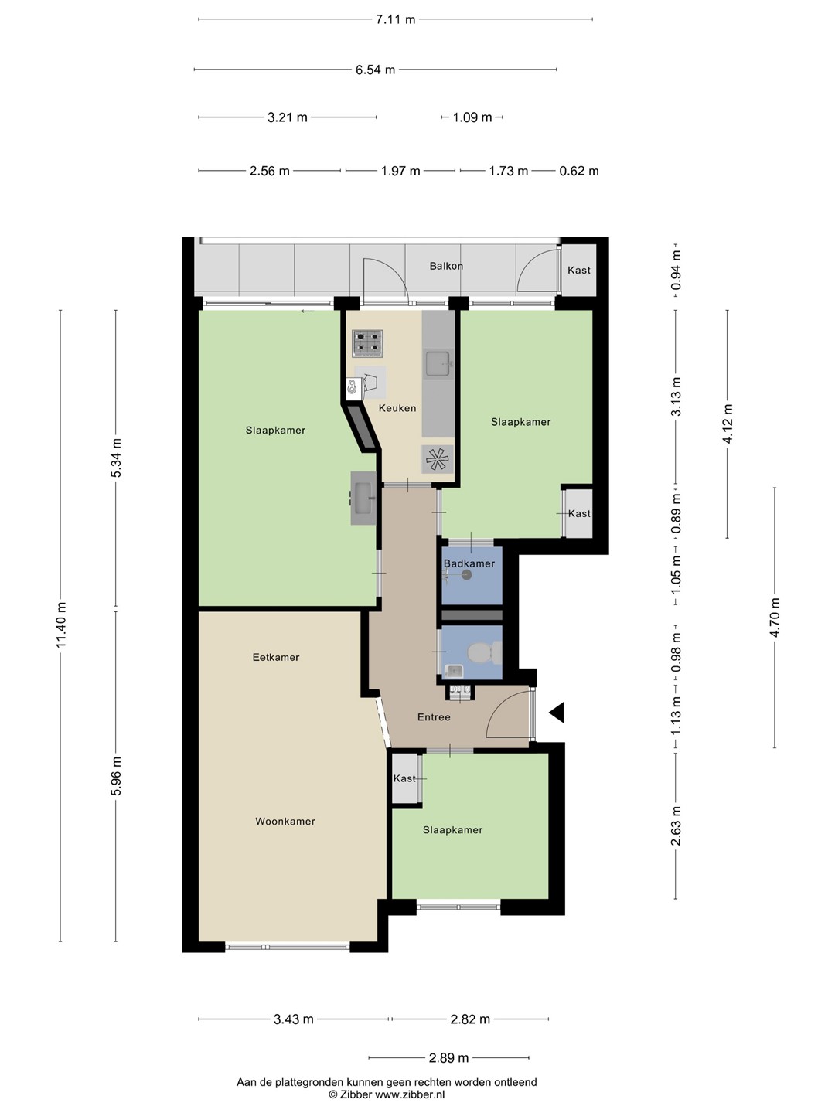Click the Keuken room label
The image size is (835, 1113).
[397, 407]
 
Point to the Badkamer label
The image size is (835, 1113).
[469, 563]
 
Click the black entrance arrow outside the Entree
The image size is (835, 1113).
[557, 713]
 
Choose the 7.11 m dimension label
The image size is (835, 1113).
[395, 19]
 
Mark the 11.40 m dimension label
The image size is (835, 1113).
[61, 625]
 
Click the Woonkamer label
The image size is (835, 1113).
[285, 821]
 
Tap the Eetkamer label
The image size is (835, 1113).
[276, 657]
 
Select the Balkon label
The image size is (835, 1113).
[446, 266]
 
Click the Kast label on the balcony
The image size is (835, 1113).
[579, 271]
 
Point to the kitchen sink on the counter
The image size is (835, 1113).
[438, 362]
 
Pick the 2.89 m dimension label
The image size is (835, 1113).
[448, 1057]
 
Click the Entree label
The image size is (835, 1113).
[434, 717]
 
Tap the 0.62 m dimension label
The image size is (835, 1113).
[579, 171]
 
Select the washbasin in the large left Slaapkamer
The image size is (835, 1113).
[363, 498]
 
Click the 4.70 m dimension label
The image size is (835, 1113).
[775, 618]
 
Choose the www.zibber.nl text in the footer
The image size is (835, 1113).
[410, 1094]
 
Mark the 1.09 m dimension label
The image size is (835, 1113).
[472, 117]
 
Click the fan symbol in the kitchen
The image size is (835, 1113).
[437, 459]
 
